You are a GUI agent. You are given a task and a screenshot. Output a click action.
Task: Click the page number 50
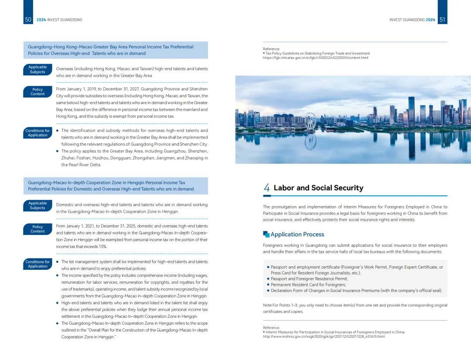pos(28,20)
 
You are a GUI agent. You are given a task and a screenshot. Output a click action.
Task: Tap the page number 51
pos(442,20)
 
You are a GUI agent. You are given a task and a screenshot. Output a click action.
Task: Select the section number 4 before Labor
pos(266,188)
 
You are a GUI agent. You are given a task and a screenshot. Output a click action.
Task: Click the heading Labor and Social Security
pos(318,188)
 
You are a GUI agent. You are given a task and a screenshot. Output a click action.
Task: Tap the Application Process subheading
pos(297,234)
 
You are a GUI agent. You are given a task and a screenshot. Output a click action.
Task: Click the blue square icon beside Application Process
pos(266,234)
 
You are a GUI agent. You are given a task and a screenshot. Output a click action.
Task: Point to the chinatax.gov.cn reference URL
pos(315,58)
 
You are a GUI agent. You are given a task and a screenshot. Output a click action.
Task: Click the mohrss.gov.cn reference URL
pos(324,336)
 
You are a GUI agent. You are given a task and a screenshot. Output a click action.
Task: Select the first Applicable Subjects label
pos(38,69)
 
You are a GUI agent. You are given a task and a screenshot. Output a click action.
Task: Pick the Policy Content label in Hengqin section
pos(38,229)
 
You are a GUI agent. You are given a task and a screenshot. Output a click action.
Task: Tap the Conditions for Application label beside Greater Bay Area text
pos(38,132)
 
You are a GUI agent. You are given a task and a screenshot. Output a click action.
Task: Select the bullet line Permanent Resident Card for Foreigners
pos(308,285)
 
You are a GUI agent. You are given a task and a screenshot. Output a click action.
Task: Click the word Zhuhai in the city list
pos(68,158)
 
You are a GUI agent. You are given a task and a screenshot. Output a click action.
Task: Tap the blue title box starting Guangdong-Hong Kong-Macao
pos(116,50)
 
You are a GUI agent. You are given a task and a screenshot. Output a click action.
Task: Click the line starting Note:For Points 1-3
pos(355,305)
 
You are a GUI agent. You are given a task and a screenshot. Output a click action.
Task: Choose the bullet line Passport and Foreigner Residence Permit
pos(309,278)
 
